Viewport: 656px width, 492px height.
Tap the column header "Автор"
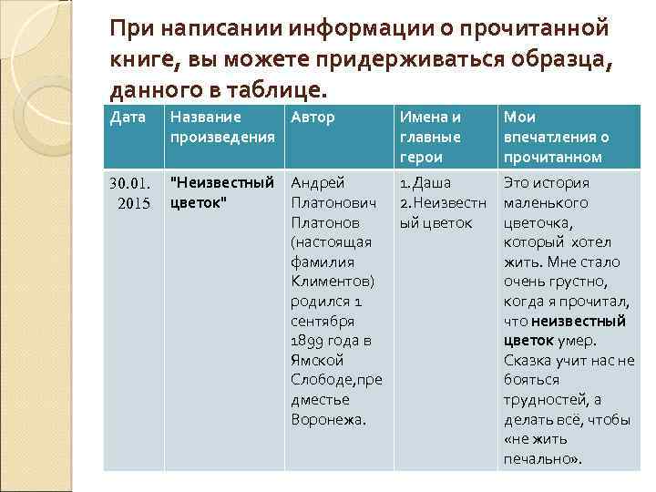point(313,118)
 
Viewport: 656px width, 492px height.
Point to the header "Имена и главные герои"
point(430,137)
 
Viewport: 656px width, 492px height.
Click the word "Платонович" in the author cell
point(327,202)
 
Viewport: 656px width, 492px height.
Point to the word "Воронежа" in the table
point(328,420)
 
